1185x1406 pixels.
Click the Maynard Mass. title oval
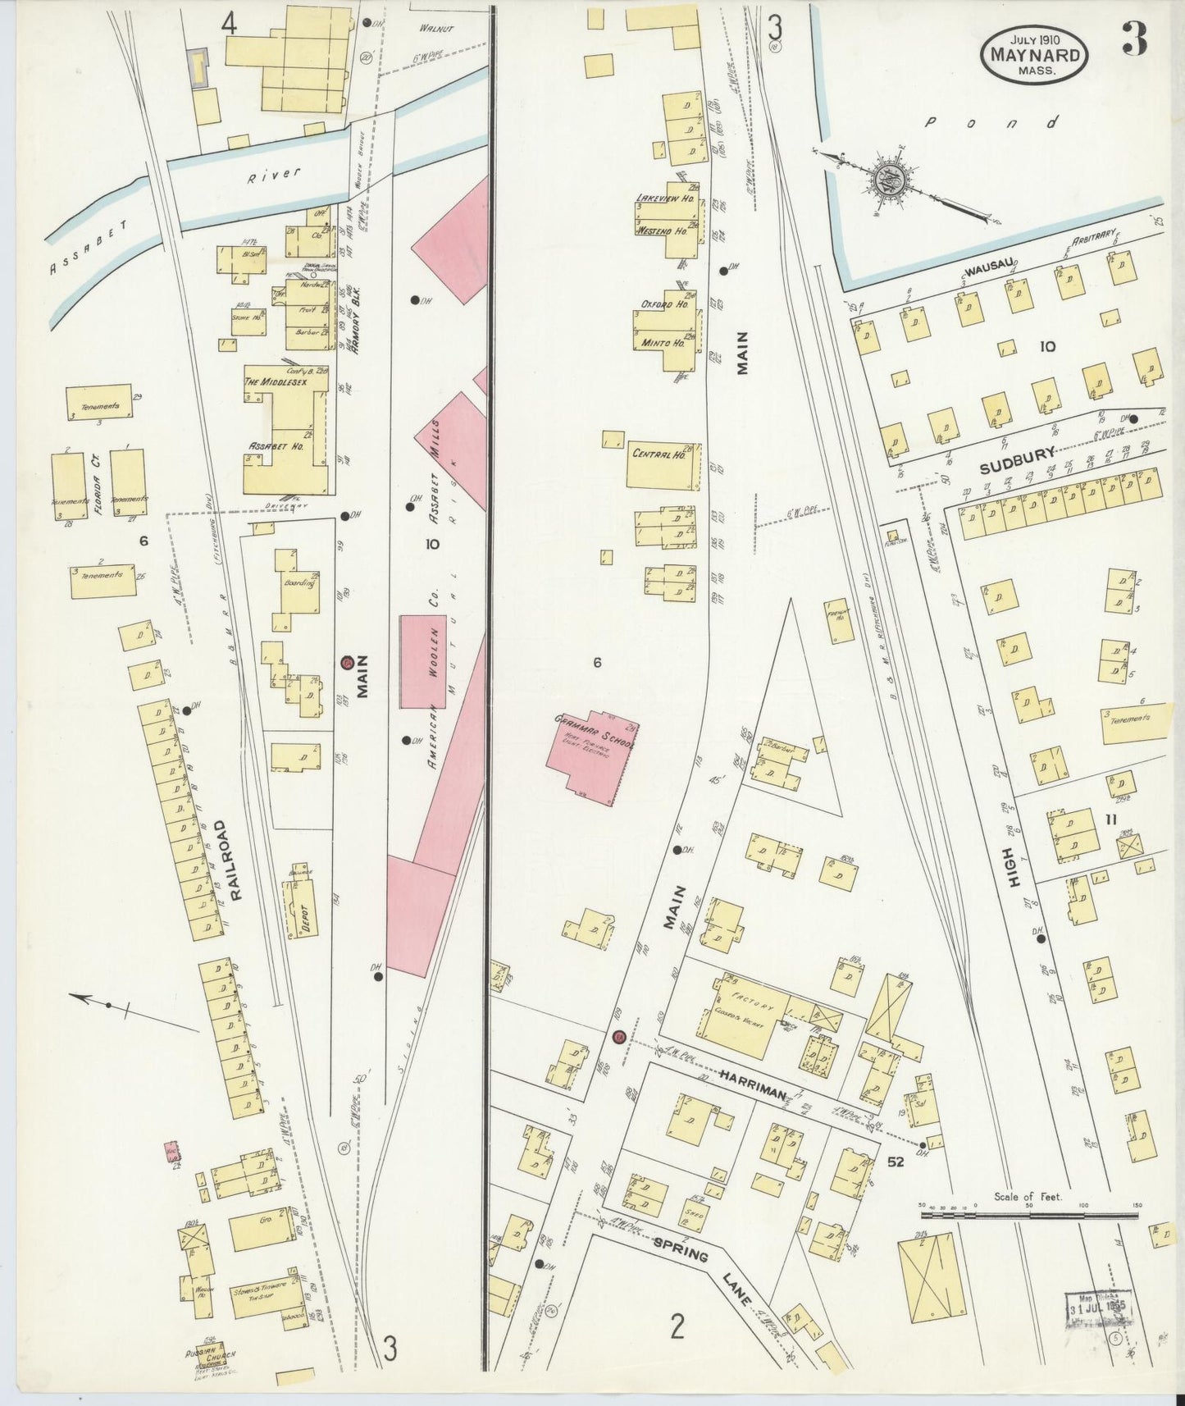click(x=1034, y=53)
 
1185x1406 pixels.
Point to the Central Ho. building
click(x=663, y=465)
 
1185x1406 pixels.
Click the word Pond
click(x=991, y=123)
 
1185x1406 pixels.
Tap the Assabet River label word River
click(x=276, y=175)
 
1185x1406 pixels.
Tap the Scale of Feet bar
click(x=1028, y=1214)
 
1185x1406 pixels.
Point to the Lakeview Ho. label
click(x=665, y=199)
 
